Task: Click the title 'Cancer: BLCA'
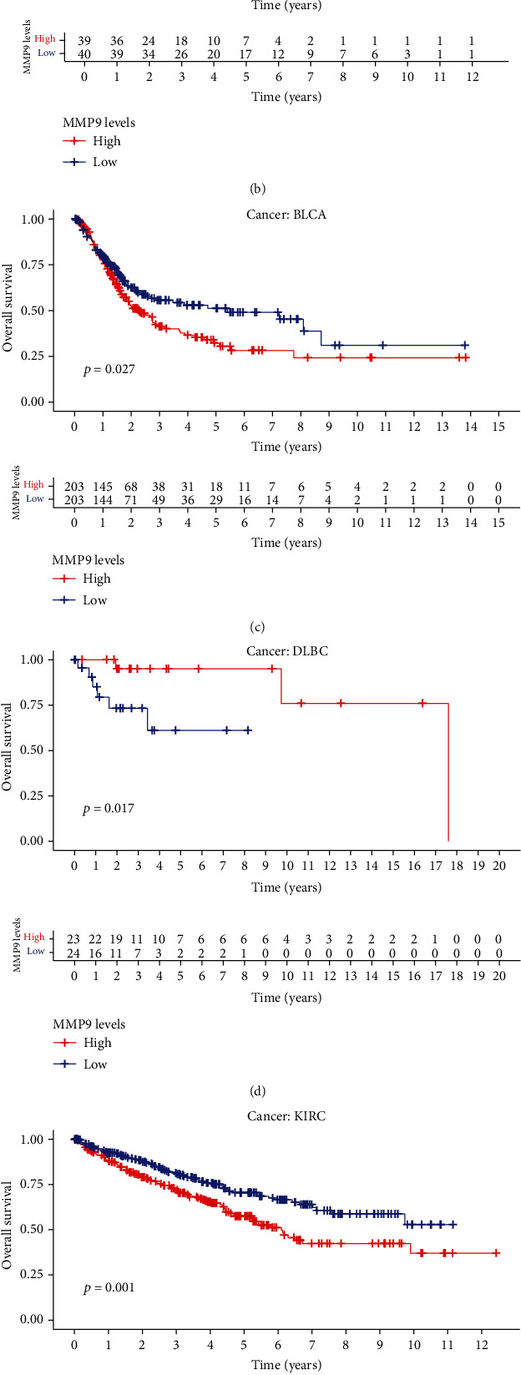(x=286, y=215)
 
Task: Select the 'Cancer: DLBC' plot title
(x=286, y=651)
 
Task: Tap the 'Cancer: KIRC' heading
(x=286, y=1115)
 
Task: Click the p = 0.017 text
(x=109, y=808)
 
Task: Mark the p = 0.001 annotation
(x=109, y=1287)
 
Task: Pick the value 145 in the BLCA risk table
(x=103, y=485)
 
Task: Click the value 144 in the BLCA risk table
(x=103, y=498)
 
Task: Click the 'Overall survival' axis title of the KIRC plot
(x=9, y=1224)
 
